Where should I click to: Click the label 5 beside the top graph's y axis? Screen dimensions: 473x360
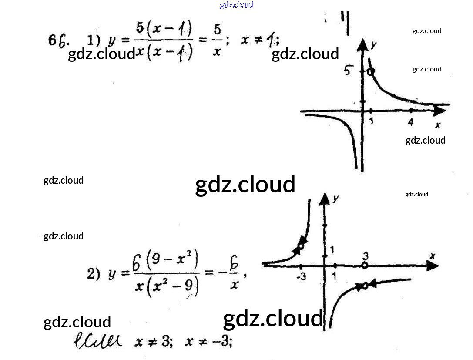coord(348,70)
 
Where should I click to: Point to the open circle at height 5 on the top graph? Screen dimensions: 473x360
coord(370,71)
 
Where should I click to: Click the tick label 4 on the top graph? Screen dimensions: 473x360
coord(410,122)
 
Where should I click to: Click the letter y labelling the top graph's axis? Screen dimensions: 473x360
coord(373,44)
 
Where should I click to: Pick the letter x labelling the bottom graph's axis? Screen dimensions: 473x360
coord(432,256)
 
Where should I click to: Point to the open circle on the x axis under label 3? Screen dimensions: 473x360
coord(365,265)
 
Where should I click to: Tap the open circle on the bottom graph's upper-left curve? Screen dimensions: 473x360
coord(301,246)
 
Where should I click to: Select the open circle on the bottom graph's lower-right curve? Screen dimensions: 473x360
coord(365,286)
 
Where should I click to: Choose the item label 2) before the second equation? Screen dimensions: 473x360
coord(94,274)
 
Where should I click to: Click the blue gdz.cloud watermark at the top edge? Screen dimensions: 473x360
coord(236,5)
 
